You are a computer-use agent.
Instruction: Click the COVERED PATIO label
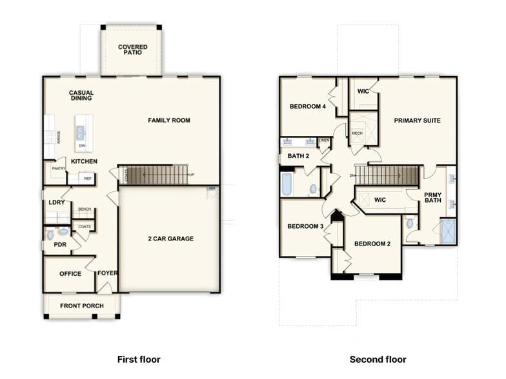point(132,50)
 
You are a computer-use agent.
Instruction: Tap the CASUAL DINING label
point(81,95)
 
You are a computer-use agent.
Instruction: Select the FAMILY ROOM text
point(169,121)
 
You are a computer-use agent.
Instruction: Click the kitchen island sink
point(81,133)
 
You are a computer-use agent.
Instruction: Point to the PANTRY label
point(59,169)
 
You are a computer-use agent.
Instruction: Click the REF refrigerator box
point(87,179)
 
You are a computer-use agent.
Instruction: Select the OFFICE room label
point(70,274)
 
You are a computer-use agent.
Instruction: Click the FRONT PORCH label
point(82,306)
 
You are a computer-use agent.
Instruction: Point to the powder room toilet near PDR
point(63,231)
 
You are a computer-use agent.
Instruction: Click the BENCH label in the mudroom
point(85,209)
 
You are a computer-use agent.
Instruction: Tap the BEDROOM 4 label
point(307,106)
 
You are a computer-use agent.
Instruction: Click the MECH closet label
point(358,133)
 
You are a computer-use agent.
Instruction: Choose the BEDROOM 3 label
point(305,226)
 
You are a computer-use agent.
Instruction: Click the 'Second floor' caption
point(378,359)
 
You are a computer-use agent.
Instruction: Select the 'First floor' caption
point(138,359)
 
